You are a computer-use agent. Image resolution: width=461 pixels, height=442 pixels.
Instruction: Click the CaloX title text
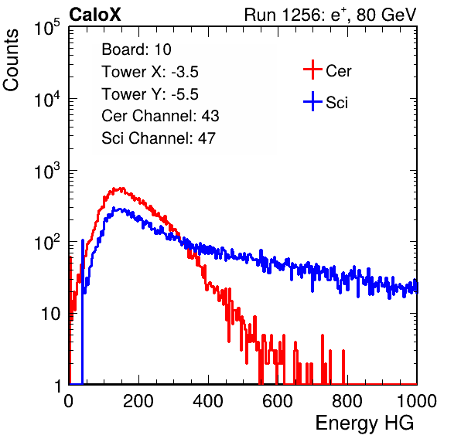[x=95, y=15]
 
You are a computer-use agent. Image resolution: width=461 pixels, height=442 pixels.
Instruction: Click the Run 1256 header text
[x=330, y=15]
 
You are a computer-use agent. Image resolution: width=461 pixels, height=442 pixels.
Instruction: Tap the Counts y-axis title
[x=11, y=60]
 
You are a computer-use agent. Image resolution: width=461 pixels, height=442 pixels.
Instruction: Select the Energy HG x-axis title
[x=364, y=423]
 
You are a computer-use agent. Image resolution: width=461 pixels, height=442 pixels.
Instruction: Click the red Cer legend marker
[x=312, y=70]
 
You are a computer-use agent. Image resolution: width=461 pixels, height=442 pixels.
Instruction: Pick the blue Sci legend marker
[x=312, y=101]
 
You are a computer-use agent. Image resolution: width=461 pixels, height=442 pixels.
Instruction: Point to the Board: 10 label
[x=136, y=49]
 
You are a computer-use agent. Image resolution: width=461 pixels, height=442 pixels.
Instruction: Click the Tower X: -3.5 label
[x=150, y=72]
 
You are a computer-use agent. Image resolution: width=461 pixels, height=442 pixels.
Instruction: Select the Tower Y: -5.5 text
[x=150, y=94]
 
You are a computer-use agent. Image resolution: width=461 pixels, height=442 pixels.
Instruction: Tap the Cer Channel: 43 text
[x=160, y=116]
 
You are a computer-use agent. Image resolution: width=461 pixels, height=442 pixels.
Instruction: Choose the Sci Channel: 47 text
[x=159, y=138]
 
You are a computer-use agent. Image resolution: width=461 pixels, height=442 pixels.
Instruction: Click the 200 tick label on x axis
[x=138, y=401]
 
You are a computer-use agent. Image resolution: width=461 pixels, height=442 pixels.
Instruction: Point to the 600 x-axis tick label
[x=278, y=401]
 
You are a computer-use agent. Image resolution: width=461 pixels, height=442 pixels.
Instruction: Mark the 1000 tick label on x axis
[x=417, y=401]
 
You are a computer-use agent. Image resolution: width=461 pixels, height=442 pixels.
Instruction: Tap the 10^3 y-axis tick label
[x=47, y=171]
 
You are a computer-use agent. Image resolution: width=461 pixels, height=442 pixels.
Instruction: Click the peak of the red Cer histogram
[x=120, y=189]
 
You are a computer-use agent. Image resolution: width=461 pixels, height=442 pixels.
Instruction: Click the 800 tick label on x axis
[x=347, y=401]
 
